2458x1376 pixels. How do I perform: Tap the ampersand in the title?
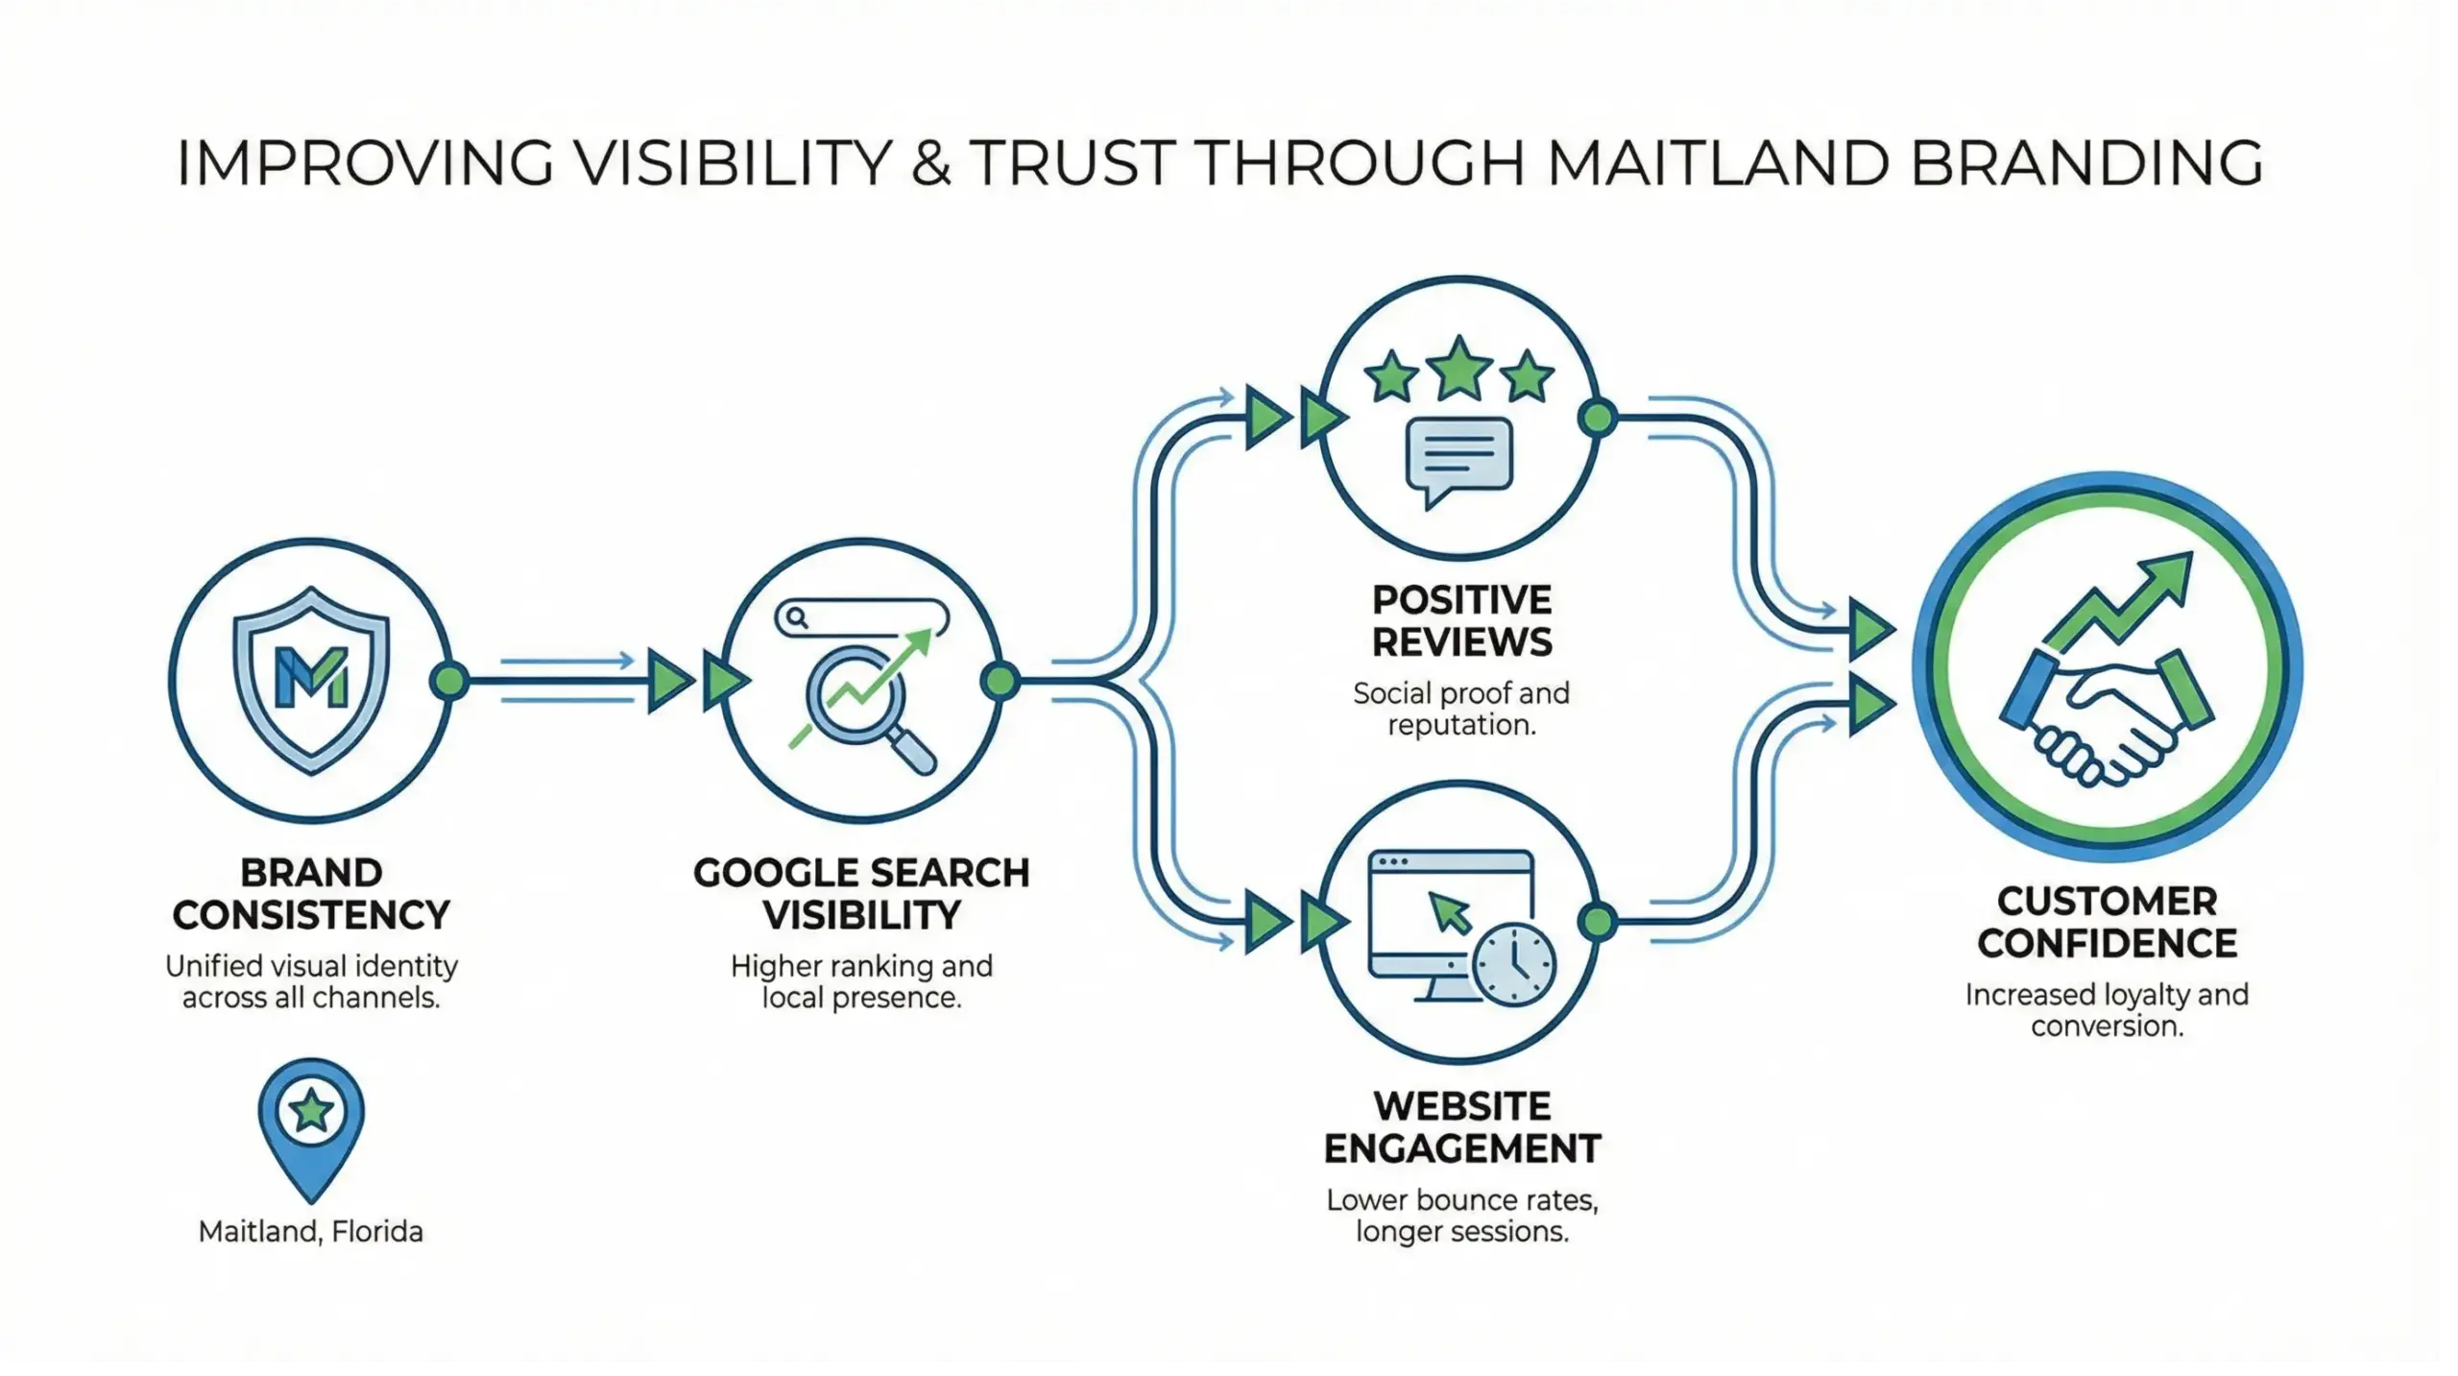tap(930, 162)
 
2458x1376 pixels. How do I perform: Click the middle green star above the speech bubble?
tap(1458, 369)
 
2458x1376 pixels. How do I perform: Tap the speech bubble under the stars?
tap(1458, 458)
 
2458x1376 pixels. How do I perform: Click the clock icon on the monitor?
tap(1514, 965)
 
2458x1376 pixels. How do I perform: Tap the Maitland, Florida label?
tap(310, 1232)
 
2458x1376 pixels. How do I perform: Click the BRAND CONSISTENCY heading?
tap(311, 894)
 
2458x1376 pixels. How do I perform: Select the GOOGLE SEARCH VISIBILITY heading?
tap(861, 894)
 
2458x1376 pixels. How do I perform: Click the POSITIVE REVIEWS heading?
tap(1461, 621)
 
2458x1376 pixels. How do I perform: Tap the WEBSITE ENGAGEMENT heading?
tap(1461, 1127)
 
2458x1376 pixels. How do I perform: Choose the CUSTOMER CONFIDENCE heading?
tap(2107, 923)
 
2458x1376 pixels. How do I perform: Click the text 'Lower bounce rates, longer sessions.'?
tap(1461, 1216)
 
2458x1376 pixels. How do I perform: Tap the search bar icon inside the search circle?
tap(861, 617)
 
